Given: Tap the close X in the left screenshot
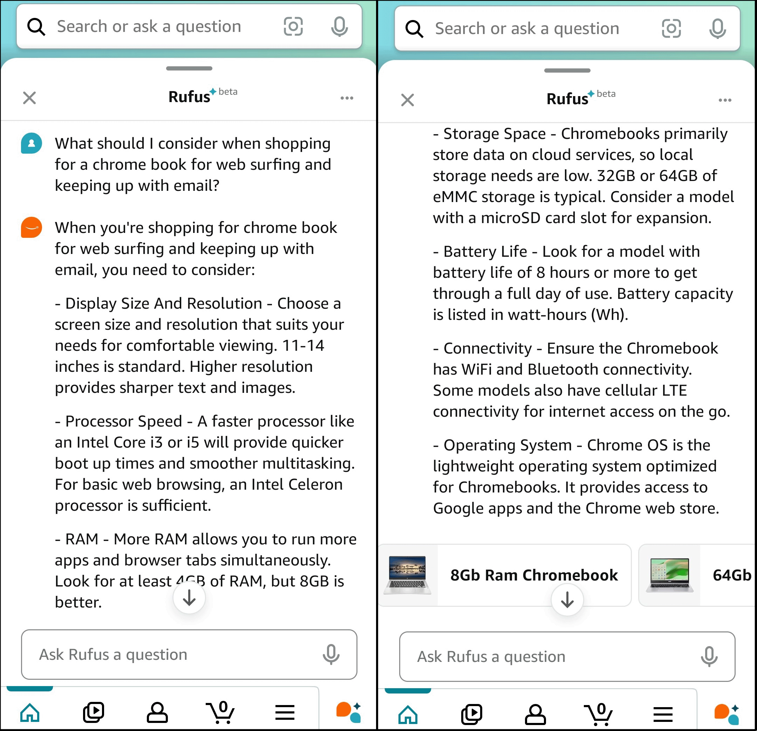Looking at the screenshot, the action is coord(29,98).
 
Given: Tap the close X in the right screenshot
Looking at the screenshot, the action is coord(408,100).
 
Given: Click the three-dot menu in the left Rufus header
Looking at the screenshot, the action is coord(347,98).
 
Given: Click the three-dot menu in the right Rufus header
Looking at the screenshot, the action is coord(725,100).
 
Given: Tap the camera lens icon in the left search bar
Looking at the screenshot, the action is coord(293,26).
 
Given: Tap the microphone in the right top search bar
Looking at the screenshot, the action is coord(717,29).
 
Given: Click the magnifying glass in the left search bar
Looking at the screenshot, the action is coord(36,27).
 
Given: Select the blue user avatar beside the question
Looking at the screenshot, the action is coord(31,143).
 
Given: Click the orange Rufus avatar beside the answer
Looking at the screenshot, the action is coord(31,227).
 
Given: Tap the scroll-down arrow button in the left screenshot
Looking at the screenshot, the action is coord(189,598).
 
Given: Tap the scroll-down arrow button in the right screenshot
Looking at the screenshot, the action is coord(567,599).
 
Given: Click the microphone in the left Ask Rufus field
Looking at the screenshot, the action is coord(331,654).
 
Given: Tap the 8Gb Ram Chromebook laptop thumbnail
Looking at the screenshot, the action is coord(408,575).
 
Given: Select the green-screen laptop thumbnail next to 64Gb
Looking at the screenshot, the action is coord(669,575).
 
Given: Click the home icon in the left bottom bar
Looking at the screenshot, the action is coord(30,712).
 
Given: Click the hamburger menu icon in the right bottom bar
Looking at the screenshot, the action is coord(663,714).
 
